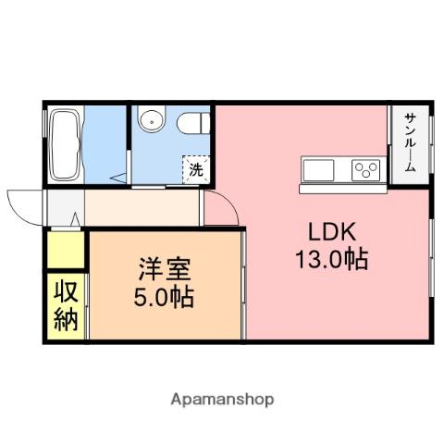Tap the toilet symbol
coord(191,122)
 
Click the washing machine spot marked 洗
coord(195,169)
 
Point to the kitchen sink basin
coord(318,170)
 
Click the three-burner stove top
coord(364,170)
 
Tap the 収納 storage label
coord(65,306)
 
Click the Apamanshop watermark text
coord(221,400)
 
